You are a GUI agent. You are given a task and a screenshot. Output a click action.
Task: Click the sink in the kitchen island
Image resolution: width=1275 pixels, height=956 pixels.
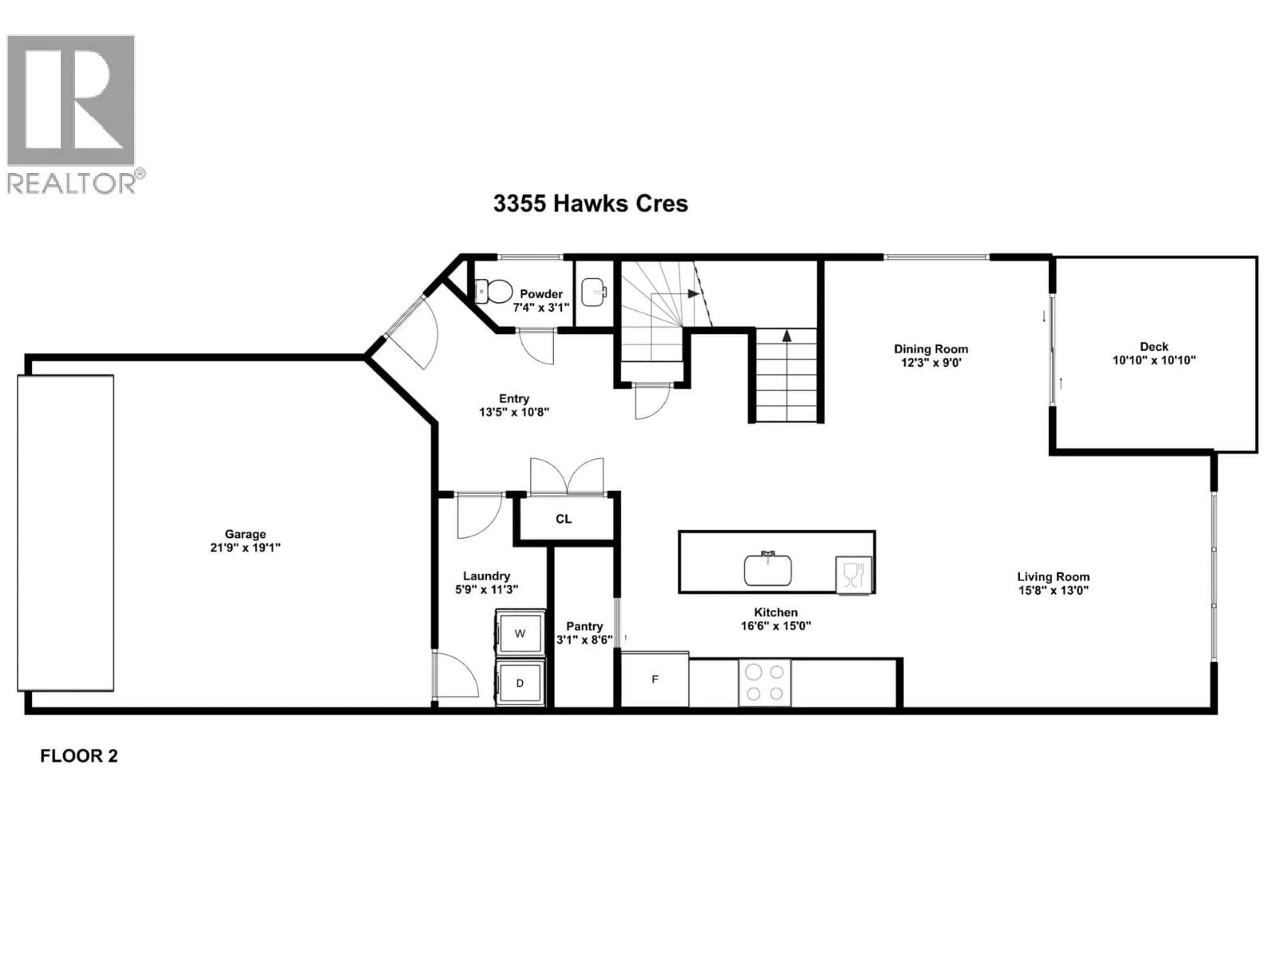pyautogui.click(x=767, y=569)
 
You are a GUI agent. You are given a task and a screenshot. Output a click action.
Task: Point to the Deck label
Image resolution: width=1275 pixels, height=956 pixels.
pyautogui.click(x=1154, y=346)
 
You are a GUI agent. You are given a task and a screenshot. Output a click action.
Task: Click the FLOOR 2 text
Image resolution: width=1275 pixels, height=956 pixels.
pyautogui.click(x=79, y=756)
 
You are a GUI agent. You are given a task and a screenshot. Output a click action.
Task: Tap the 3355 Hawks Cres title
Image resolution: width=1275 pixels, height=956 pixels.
pyautogui.click(x=590, y=203)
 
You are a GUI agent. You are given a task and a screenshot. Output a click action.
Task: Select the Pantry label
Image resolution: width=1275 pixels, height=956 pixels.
pyautogui.click(x=584, y=626)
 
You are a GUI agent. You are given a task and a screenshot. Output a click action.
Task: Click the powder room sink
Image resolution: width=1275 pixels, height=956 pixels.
pyautogui.click(x=593, y=292)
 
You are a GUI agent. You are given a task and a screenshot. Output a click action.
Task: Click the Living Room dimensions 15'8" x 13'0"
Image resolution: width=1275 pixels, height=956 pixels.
pyautogui.click(x=1053, y=590)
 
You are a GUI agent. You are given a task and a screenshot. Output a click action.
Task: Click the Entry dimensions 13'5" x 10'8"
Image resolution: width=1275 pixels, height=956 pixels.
pyautogui.click(x=514, y=412)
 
